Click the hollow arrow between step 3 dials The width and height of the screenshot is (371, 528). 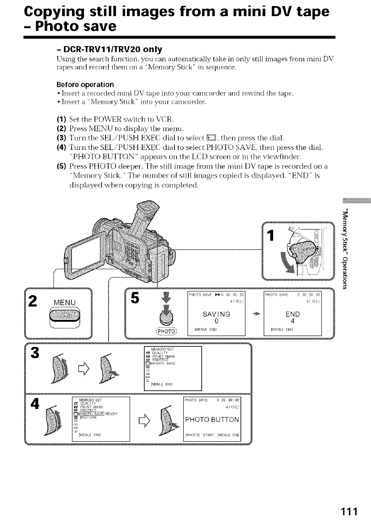78,369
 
